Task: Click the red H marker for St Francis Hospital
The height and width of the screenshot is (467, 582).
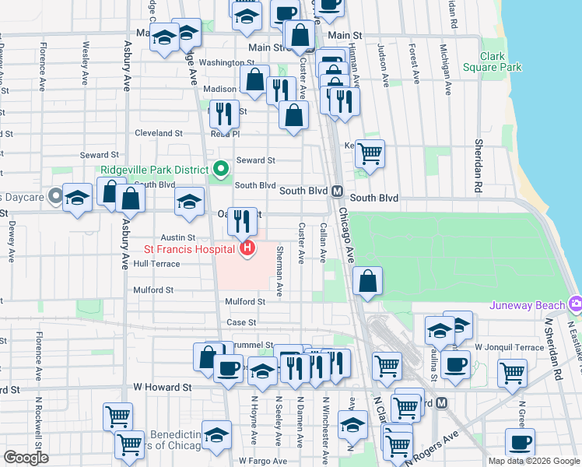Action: tap(247, 249)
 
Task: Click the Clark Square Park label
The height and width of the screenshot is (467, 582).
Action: tap(500, 61)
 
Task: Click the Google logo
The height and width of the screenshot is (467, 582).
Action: tap(25, 458)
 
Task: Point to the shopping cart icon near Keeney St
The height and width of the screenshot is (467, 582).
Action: tap(370, 152)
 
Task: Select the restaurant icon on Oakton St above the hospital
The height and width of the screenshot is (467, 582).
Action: tap(242, 221)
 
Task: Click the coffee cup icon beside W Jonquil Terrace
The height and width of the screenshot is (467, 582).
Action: tap(454, 363)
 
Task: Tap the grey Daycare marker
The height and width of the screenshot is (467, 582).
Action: tap(55, 196)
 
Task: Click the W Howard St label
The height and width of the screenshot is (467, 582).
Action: tap(162, 387)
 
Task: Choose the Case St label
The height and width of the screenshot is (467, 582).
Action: tap(241, 322)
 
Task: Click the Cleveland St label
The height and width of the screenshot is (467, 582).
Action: tap(158, 133)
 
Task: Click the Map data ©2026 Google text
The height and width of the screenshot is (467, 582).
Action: tap(533, 461)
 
